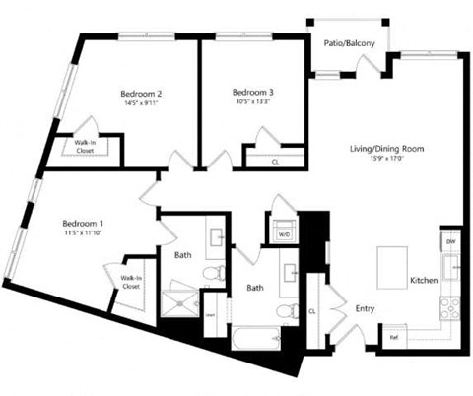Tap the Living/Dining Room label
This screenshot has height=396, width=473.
(x=386, y=149)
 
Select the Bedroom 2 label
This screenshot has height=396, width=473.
(x=141, y=94)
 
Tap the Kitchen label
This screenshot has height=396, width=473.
(x=424, y=281)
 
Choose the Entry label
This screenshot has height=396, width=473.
(x=365, y=308)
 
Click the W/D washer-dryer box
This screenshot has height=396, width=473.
(x=282, y=234)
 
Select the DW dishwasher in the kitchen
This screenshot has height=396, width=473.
(x=451, y=241)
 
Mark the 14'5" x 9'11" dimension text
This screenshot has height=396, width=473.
(x=141, y=104)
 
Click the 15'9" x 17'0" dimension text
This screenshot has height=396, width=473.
(x=386, y=160)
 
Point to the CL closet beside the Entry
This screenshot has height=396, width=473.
(x=311, y=311)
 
